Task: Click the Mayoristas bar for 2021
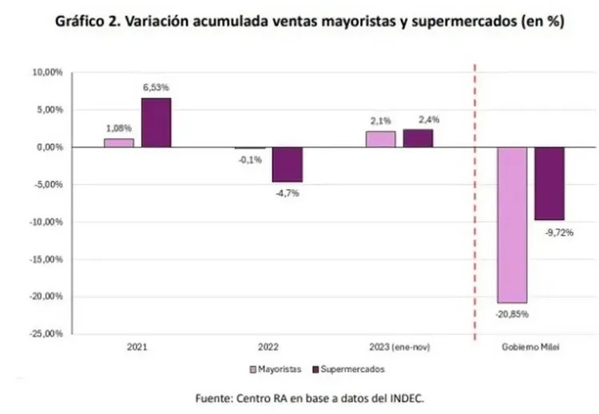point(118,143)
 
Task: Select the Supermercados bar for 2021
point(156,123)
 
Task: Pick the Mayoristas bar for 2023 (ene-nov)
point(380,140)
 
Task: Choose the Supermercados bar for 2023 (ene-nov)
point(418,139)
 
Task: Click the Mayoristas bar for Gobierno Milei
point(511,225)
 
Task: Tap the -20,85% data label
point(511,314)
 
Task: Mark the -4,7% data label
point(286,192)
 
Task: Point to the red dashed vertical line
point(476,199)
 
